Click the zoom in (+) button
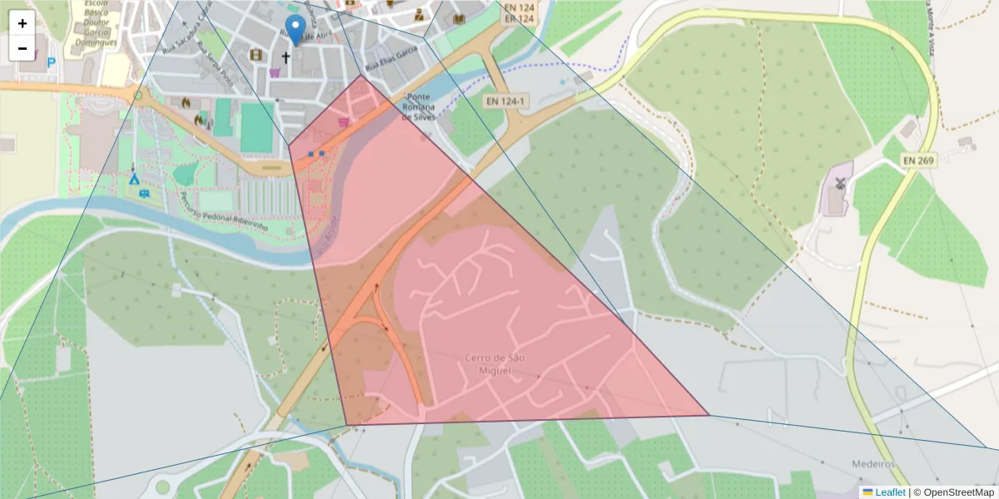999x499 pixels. point(22,23)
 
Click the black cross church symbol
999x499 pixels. point(286,57)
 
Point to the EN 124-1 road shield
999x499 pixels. point(505,101)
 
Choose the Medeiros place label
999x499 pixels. point(872,463)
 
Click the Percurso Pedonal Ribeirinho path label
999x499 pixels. point(223,213)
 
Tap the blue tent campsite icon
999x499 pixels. point(133,178)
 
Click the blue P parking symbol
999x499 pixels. point(52,62)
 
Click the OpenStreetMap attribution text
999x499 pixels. point(952,492)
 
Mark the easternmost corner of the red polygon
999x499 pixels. point(709,415)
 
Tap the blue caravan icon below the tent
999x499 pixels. point(145,194)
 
